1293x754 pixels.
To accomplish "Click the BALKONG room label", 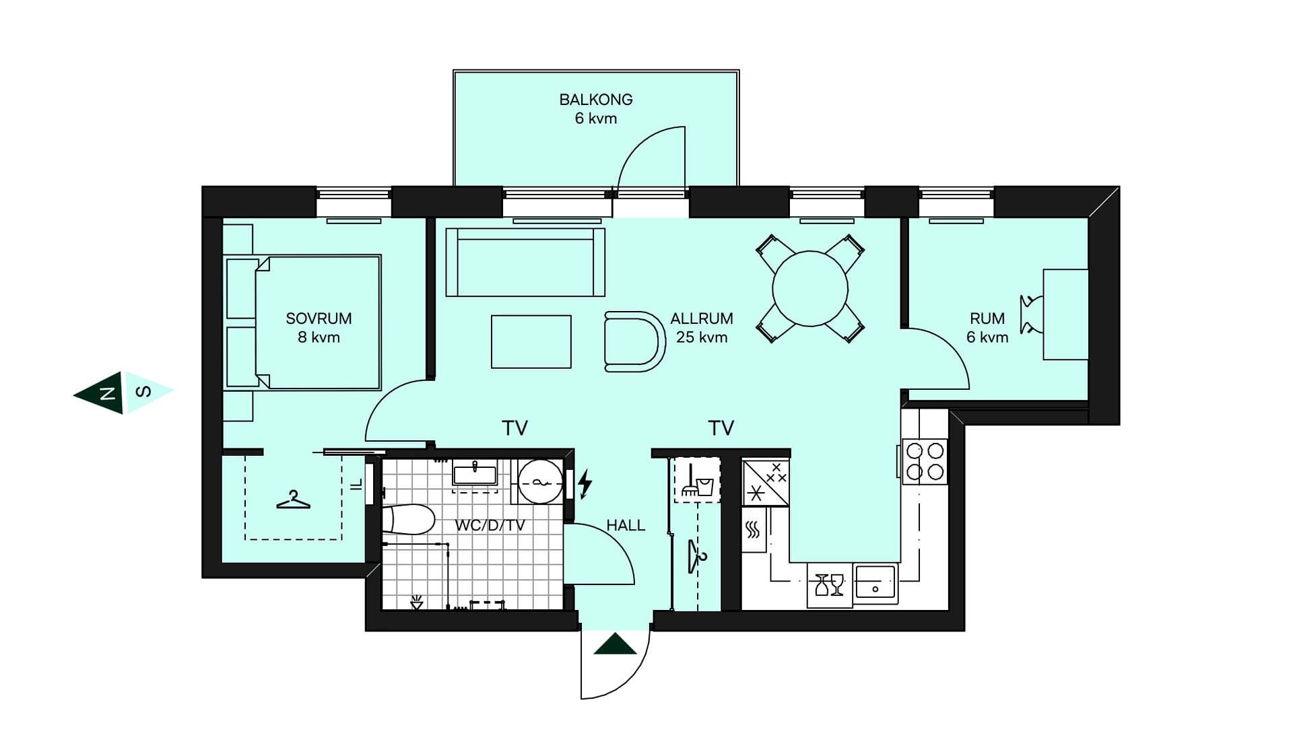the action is pyautogui.click(x=596, y=100).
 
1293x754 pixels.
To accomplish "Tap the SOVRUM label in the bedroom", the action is pyautogui.click(x=319, y=318).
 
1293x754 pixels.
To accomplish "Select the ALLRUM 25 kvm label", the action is pyautogui.click(x=702, y=328).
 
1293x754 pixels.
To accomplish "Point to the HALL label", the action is pyautogui.click(x=626, y=525).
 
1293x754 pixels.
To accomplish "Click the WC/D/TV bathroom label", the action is pyautogui.click(x=490, y=525).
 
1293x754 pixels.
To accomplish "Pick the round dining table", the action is pyautogui.click(x=810, y=289).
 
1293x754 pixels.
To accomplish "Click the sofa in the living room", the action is pyautogui.click(x=525, y=263).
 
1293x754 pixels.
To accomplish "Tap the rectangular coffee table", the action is pyautogui.click(x=531, y=342).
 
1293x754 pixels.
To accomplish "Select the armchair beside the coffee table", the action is pyautogui.click(x=634, y=341).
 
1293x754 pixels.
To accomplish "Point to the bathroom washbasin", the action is pyautogui.click(x=475, y=474).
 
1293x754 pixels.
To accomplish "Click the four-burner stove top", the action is pyautogui.click(x=925, y=461).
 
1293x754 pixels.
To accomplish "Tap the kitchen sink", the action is pyautogui.click(x=875, y=583).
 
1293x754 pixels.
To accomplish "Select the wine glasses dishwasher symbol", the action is pyautogui.click(x=830, y=585).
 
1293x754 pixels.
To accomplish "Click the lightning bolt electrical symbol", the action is pyautogui.click(x=585, y=483).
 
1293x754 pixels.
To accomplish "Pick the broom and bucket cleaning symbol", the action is pyautogui.click(x=697, y=480).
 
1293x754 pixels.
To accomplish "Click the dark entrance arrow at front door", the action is pyautogui.click(x=616, y=644).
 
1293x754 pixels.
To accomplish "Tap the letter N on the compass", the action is pyautogui.click(x=106, y=393).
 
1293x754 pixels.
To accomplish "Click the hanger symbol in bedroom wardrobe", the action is pyautogui.click(x=294, y=500).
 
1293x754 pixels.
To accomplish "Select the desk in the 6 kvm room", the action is pyautogui.click(x=1065, y=314).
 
